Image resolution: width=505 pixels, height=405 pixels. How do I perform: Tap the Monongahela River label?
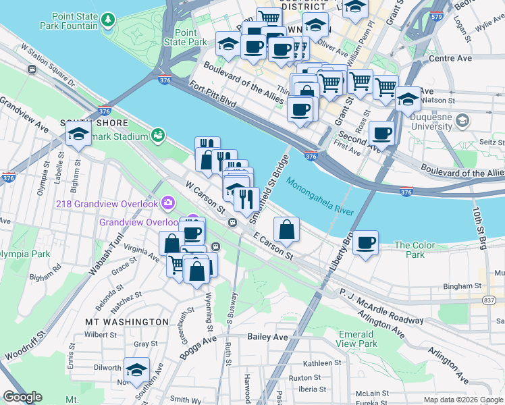(319, 196)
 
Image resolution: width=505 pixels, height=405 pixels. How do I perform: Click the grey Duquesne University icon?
(462, 121)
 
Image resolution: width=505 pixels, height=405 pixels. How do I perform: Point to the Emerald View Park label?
(356, 339)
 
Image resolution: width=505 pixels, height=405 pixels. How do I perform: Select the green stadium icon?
(157, 136)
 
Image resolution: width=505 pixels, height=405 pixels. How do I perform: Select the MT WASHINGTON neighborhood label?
(126, 322)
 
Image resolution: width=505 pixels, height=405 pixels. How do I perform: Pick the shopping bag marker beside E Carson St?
(287, 230)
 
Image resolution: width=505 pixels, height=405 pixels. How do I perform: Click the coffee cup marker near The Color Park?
(365, 243)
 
